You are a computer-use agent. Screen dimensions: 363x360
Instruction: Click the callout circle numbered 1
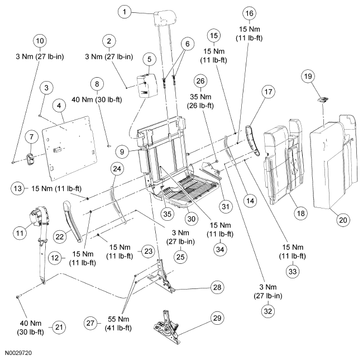click(x=125, y=12)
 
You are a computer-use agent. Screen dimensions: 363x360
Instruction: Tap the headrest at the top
click(x=165, y=18)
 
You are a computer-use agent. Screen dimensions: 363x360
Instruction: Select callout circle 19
click(x=308, y=76)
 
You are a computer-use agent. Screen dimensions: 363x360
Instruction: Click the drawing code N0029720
click(x=18, y=353)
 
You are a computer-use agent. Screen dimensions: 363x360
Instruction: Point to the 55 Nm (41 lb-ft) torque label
click(x=118, y=324)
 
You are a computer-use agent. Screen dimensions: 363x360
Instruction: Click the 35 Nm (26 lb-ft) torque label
click(x=200, y=101)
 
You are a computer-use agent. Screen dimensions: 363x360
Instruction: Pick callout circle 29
click(x=217, y=318)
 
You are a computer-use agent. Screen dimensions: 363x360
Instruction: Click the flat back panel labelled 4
click(x=69, y=148)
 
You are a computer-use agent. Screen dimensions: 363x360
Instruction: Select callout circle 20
click(x=343, y=220)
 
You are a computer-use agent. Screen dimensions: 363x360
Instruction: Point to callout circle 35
click(x=167, y=214)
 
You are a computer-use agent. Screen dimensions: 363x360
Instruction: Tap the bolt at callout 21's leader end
click(x=18, y=296)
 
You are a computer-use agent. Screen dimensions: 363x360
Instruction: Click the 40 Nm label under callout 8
click(x=97, y=100)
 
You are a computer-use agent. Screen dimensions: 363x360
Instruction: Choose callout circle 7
click(x=31, y=137)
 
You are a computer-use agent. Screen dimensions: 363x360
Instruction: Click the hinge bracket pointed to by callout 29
click(x=167, y=327)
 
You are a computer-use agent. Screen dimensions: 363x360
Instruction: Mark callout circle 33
click(x=293, y=271)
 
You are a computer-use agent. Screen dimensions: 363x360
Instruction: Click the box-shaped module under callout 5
click(x=147, y=85)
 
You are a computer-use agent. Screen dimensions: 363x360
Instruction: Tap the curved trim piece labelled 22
click(x=72, y=222)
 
